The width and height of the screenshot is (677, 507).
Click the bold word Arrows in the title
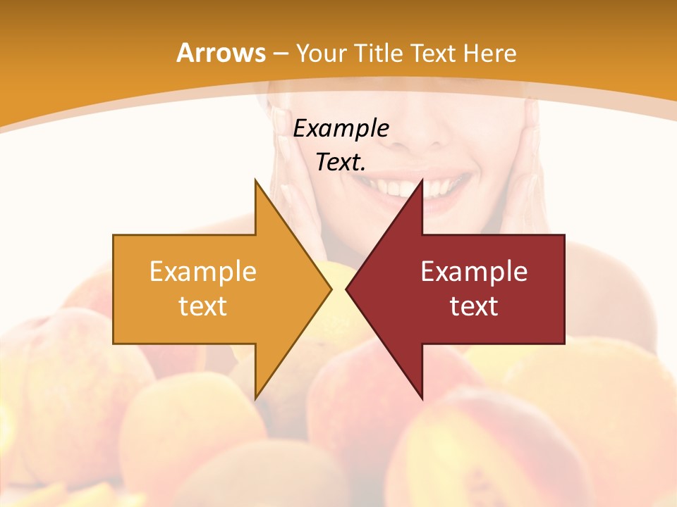[221, 53]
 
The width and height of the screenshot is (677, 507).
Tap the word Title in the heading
[378, 53]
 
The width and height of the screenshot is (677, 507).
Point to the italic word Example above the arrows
[341, 128]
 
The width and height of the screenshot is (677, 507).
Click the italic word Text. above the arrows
[341, 162]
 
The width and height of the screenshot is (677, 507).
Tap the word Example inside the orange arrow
[202, 272]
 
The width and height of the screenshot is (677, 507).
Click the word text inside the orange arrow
[202, 306]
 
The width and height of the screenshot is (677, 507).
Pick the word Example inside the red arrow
[474, 272]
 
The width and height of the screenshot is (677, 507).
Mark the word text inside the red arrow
[474, 306]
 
